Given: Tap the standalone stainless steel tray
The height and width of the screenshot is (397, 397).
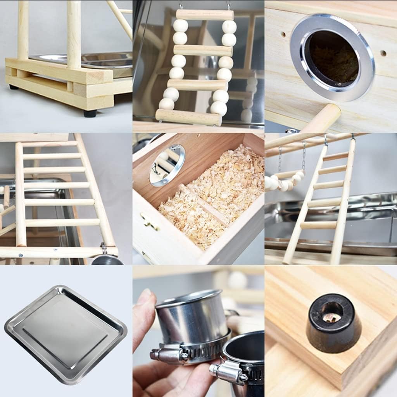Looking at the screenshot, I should [x=66, y=333].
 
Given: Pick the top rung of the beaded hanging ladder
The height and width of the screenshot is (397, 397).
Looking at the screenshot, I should [x=205, y=15].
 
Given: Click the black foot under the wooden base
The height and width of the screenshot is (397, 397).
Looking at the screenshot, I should [x=90, y=113].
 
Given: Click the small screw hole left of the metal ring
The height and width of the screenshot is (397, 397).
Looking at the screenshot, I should [x=283, y=34].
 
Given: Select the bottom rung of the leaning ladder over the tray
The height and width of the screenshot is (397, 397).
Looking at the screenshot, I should [x=318, y=225].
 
